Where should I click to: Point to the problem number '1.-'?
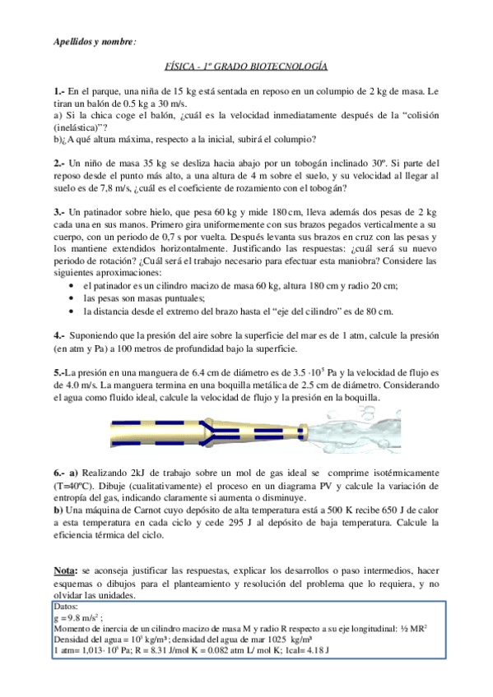(58, 90)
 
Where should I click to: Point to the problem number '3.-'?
(58, 211)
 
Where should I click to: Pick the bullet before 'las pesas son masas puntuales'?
(75, 298)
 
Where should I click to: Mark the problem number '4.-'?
(58, 335)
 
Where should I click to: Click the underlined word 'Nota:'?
(64, 569)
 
